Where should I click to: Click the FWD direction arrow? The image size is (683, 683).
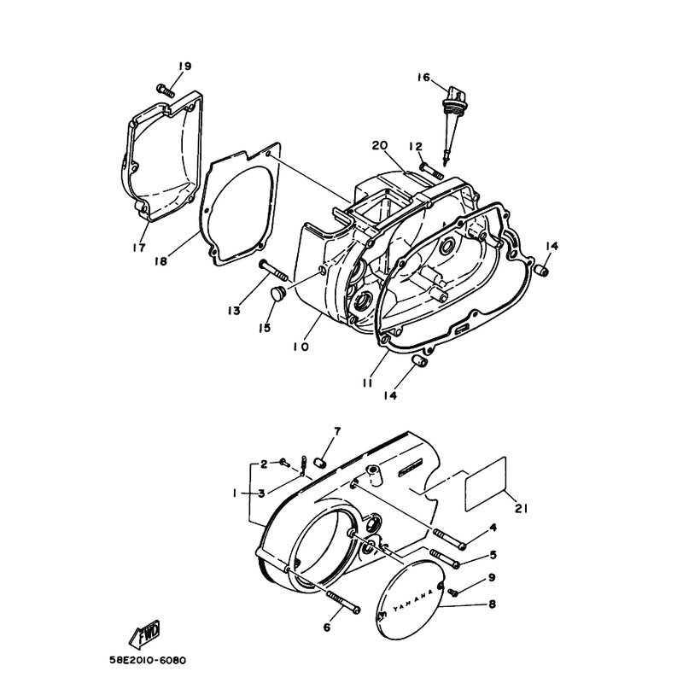click(x=144, y=633)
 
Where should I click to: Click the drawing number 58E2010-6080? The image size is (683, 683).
click(x=148, y=660)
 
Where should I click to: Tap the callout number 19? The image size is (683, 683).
click(x=184, y=67)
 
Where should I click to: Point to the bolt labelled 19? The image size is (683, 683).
click(x=166, y=90)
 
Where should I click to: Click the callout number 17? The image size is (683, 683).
click(x=139, y=248)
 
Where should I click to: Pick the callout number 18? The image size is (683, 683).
click(x=161, y=261)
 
